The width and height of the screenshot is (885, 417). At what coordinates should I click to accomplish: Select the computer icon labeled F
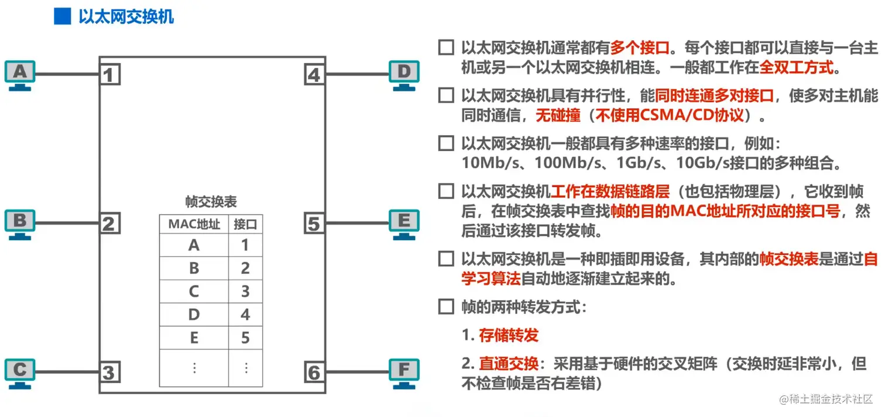(x=404, y=372)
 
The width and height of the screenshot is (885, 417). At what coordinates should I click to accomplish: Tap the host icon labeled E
(x=404, y=223)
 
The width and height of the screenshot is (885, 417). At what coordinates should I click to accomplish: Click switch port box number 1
(x=109, y=75)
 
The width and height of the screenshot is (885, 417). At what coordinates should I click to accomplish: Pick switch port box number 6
(x=314, y=372)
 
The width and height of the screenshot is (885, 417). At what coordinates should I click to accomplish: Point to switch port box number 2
(x=109, y=223)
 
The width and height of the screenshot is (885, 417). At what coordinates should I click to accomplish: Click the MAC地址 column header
(x=194, y=224)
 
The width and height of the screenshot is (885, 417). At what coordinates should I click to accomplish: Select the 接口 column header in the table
(x=245, y=224)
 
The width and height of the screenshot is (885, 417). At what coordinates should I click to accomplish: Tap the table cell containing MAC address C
(x=194, y=291)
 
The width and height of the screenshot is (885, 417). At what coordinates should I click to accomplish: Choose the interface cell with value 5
(x=245, y=337)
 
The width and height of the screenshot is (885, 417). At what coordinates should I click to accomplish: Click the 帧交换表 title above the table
(x=211, y=202)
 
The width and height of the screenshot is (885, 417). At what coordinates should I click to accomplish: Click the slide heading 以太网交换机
(x=126, y=16)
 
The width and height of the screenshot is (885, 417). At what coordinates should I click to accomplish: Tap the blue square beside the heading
(x=62, y=16)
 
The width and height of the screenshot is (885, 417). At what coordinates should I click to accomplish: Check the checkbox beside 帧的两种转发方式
(x=446, y=306)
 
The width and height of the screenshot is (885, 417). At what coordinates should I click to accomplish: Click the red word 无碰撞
(x=558, y=115)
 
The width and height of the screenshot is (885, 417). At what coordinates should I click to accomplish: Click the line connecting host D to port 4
(x=358, y=74)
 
